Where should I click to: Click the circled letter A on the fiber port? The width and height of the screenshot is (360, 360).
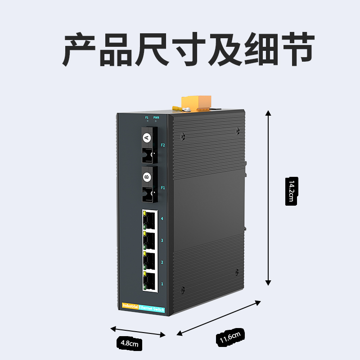coord(146,138)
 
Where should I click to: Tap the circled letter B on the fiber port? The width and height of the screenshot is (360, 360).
coord(146,177)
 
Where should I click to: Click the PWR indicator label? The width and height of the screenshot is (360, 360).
coord(156,117)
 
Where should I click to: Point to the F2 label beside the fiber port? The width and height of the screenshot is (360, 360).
coord(163,145)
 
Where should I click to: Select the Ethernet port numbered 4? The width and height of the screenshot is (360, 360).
coord(150,219)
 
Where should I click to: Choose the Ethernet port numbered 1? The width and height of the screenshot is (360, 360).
coord(149,281)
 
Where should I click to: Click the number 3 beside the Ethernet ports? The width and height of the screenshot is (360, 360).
coord(162,241)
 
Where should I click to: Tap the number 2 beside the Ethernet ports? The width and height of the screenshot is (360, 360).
coord(162,262)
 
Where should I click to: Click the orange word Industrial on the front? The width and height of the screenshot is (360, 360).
coord(130,306)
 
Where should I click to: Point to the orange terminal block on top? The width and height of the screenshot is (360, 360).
coord(197,102)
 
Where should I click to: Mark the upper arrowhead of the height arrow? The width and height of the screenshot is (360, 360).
coord(268,113)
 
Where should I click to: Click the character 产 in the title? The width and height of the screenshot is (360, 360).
coord(80,49)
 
